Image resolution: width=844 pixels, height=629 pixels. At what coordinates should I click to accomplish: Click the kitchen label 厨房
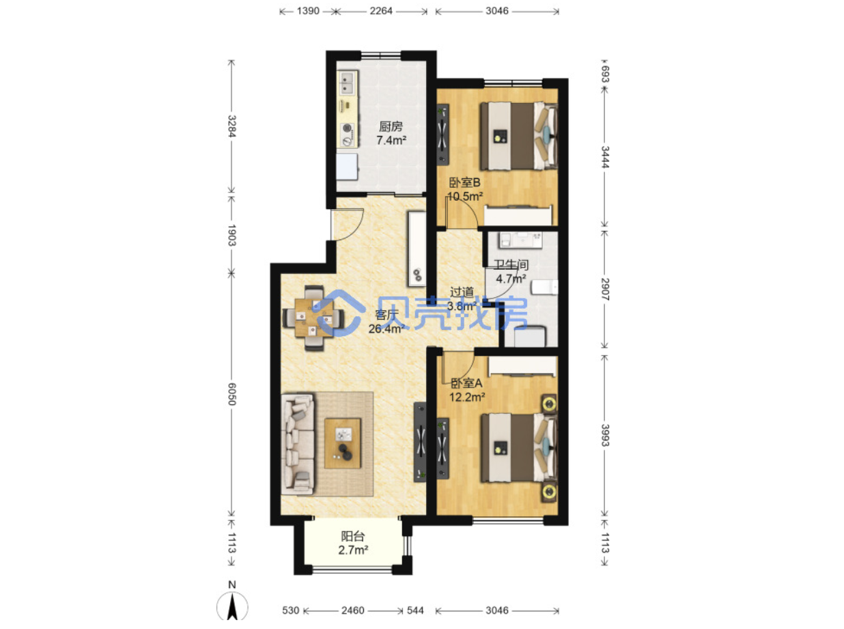[x=391, y=126]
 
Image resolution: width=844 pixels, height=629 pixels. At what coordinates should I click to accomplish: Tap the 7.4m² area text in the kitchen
[x=391, y=140]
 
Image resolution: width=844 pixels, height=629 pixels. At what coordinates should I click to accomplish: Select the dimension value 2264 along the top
[x=381, y=11]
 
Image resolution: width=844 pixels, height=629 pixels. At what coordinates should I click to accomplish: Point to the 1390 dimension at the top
[x=308, y=11]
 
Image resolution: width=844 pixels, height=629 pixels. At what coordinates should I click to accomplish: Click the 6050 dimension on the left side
[x=231, y=393]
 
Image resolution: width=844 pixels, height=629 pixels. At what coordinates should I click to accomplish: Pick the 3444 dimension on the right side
[x=604, y=157]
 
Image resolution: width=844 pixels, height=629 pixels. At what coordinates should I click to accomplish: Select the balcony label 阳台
[x=353, y=537]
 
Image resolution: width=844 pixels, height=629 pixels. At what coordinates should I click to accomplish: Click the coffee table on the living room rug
[x=343, y=443]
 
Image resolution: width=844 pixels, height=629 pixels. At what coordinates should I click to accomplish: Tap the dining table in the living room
[x=314, y=318]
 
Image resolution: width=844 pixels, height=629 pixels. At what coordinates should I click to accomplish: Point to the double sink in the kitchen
[x=81, y=84]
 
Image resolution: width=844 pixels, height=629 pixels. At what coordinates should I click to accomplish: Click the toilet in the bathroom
[x=545, y=287]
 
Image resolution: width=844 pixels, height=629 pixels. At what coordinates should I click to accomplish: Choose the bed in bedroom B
[x=518, y=135]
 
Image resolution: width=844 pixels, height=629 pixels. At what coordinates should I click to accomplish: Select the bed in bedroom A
[x=519, y=448]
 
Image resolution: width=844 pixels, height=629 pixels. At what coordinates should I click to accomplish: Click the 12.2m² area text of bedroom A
[x=467, y=397]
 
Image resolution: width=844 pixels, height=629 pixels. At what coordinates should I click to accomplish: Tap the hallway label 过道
[x=462, y=292]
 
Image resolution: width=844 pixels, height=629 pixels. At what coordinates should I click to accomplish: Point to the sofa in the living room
[x=298, y=444]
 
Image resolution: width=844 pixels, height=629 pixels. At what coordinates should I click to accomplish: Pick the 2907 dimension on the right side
[x=604, y=290]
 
